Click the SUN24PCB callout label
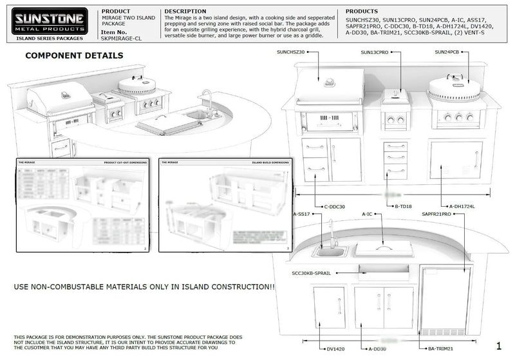447,52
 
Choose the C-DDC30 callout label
335,207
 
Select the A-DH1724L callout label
462,207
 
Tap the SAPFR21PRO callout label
437,214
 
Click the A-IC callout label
367,214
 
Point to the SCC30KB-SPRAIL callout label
312,273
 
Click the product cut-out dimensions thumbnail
82,205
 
